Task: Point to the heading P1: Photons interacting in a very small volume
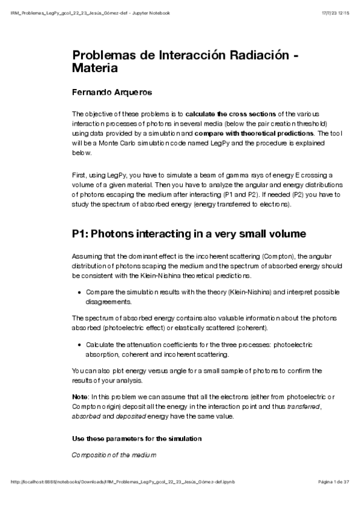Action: coord(188,234)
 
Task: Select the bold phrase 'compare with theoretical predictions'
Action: coord(260,133)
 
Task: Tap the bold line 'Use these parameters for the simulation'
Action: coord(136,438)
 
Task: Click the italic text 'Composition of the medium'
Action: coord(114,455)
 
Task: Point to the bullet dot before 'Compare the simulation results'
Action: coord(80,292)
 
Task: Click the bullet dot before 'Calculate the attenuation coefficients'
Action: coord(80,345)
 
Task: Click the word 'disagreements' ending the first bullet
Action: coord(108,301)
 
